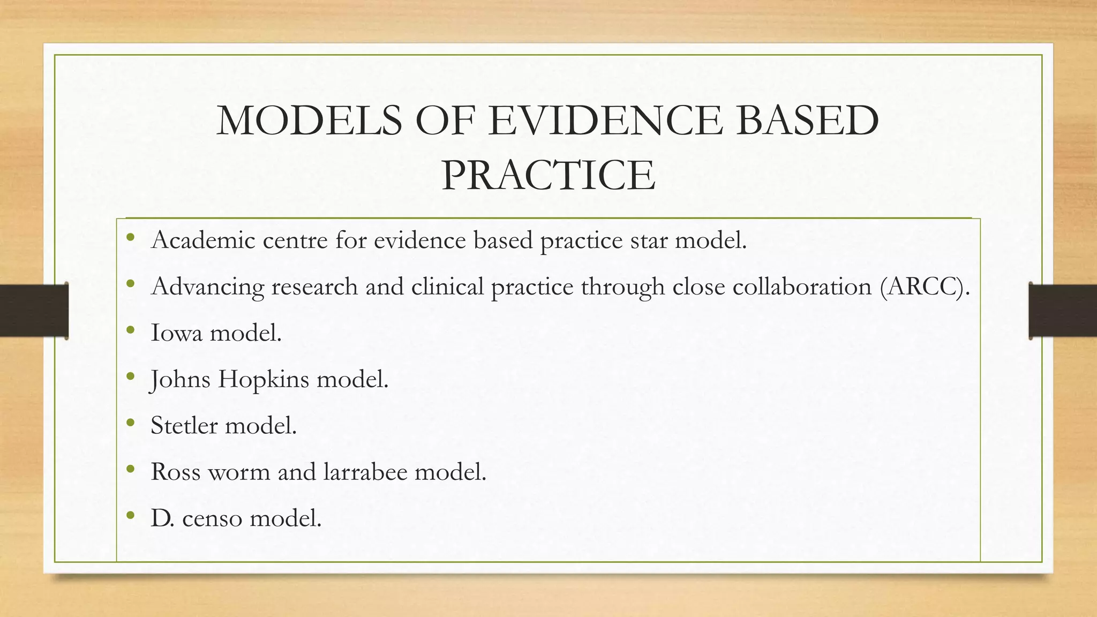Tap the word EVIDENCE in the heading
[x=605, y=121]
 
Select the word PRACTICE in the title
[x=548, y=175]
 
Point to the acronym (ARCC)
[x=925, y=287]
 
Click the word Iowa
[x=176, y=333]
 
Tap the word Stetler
[x=184, y=426]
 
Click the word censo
[x=212, y=518]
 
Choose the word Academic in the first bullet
[x=203, y=240]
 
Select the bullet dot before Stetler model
[x=130, y=423]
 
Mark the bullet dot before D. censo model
[x=130, y=516]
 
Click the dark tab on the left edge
[x=34, y=311]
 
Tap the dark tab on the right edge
[x=1063, y=311]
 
